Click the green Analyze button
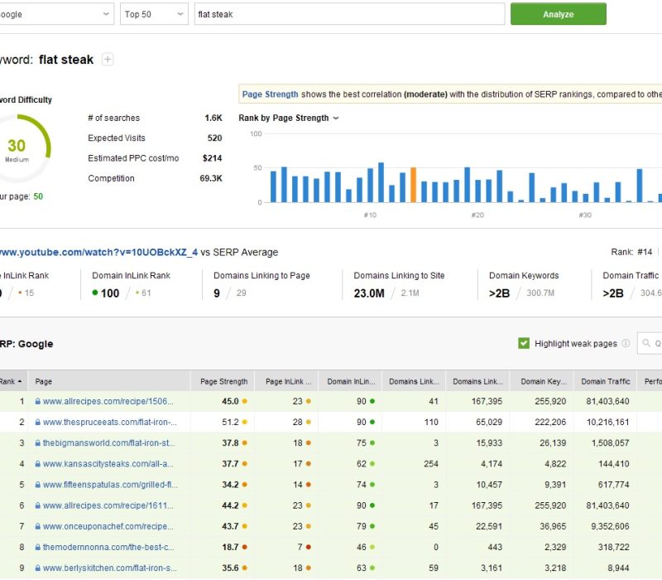click(558, 14)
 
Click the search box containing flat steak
click(349, 14)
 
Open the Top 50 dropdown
click(154, 14)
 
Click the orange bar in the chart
click(413, 185)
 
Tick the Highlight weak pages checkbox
click(524, 343)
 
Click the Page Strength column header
click(223, 382)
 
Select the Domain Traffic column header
click(606, 382)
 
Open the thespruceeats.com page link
click(108, 422)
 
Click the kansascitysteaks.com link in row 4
click(108, 463)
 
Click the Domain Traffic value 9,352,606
click(606, 526)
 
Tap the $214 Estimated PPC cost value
click(212, 158)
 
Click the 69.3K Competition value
click(210, 178)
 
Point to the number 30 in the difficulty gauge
click(17, 147)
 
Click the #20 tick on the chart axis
click(477, 215)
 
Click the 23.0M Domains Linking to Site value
click(369, 292)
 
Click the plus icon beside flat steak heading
click(108, 60)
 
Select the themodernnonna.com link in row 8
click(108, 547)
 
